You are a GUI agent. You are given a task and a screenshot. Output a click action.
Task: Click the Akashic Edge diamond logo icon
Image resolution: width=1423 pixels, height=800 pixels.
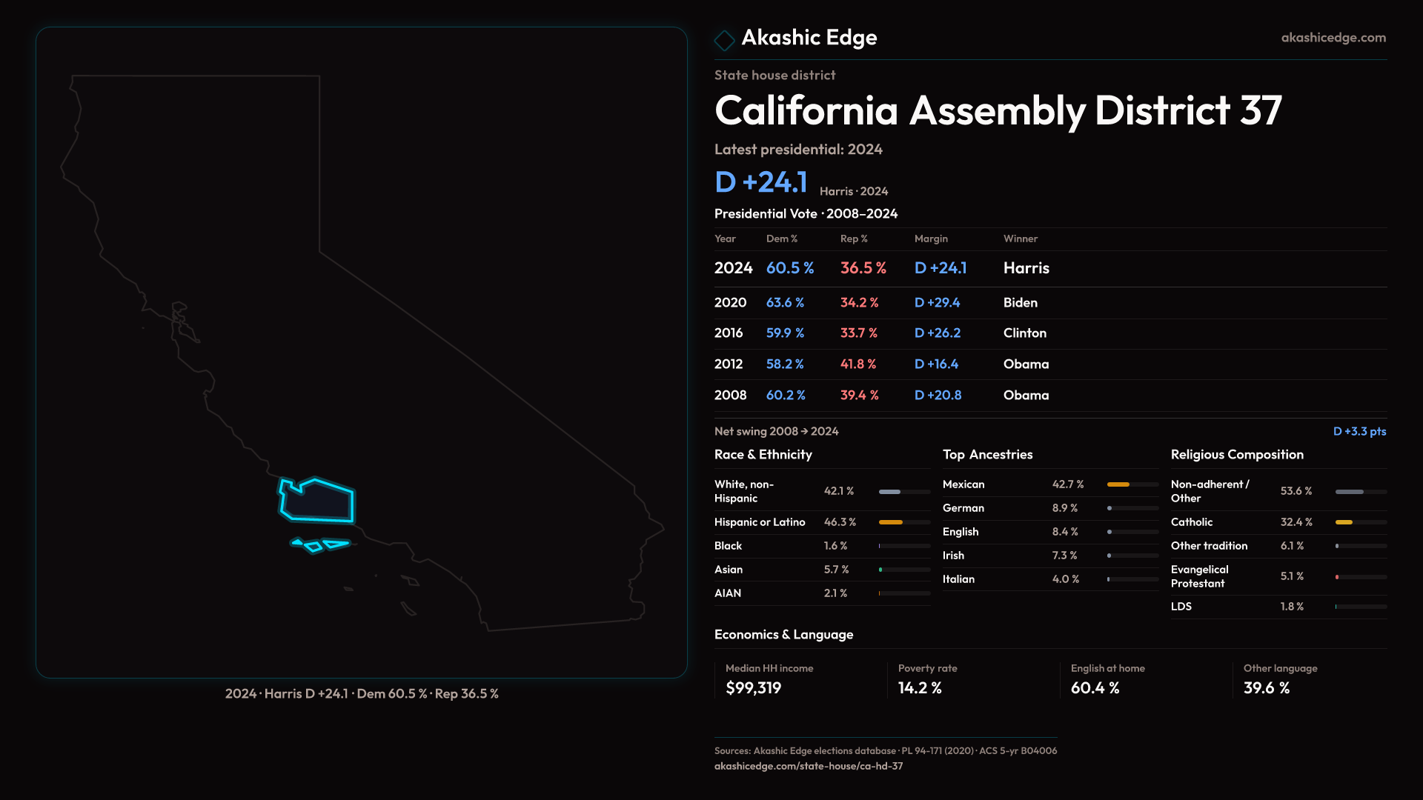[724, 39]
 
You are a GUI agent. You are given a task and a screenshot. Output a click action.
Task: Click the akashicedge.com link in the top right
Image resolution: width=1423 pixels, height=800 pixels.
[1333, 38]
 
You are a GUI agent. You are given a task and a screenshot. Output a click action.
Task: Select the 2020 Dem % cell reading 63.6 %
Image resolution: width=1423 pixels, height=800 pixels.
[785, 303]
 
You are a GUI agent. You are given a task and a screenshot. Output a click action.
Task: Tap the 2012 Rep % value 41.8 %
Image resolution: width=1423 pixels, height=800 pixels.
[858, 364]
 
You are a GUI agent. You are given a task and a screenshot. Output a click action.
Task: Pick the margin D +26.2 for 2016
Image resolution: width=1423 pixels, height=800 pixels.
[938, 333]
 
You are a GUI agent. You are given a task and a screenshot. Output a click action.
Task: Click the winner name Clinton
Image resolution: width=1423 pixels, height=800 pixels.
[1025, 333]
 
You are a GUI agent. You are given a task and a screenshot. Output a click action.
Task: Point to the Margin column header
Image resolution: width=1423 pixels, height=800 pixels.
[931, 239]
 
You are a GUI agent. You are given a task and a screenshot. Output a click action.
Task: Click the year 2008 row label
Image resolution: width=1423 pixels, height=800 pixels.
[730, 396]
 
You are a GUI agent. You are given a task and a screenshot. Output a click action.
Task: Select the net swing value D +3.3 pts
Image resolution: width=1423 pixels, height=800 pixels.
[1359, 431]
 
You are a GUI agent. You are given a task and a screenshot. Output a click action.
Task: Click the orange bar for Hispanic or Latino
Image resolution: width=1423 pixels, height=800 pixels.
[891, 522]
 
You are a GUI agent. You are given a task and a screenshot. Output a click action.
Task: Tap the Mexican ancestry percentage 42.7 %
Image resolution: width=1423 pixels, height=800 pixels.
[1068, 484]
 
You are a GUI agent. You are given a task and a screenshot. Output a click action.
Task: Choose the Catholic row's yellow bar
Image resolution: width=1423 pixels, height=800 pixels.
[1344, 522]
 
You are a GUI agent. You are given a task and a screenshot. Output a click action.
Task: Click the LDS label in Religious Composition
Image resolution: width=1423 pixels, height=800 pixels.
[1181, 607]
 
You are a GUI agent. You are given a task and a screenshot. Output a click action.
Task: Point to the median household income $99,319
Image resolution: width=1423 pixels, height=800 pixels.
[753, 688]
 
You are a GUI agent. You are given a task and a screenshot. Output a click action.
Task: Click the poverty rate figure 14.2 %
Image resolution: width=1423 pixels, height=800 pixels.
[920, 688]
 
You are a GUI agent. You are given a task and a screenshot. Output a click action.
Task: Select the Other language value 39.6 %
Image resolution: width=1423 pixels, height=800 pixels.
[1267, 688]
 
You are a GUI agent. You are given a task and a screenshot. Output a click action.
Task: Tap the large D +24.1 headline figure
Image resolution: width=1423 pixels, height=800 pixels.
[761, 182]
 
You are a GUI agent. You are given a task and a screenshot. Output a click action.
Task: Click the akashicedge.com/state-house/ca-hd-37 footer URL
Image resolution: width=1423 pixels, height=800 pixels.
[809, 766]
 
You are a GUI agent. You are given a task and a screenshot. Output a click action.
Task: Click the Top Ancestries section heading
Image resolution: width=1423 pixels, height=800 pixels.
[987, 455]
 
